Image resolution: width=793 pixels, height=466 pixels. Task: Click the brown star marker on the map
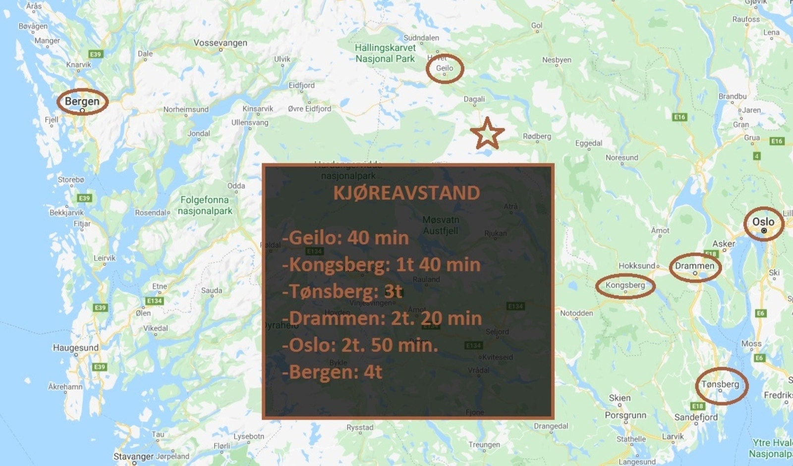pyautogui.click(x=487, y=134)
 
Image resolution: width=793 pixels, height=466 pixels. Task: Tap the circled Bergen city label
pyautogui.click(x=82, y=102)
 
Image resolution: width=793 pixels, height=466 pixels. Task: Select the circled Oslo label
pyautogui.click(x=763, y=222)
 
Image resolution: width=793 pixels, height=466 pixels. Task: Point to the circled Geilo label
pyautogui.click(x=445, y=68)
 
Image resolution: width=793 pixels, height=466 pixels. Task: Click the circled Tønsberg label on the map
pyautogui.click(x=720, y=385)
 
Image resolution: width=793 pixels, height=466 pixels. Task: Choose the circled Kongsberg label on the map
pyautogui.click(x=625, y=286)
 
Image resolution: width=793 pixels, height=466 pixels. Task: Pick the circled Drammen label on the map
pyautogui.click(x=694, y=266)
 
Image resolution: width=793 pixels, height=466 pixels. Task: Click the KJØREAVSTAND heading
pyautogui.click(x=406, y=193)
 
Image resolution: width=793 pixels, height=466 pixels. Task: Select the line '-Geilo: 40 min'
pyautogui.click(x=345, y=238)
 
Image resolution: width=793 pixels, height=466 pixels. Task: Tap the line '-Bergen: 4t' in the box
pyautogui.click(x=332, y=372)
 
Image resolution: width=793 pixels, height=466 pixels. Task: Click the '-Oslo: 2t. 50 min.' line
pyautogui.click(x=360, y=345)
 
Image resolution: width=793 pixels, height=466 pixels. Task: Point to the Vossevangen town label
pyautogui.click(x=220, y=43)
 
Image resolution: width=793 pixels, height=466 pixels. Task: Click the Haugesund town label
pyautogui.click(x=76, y=348)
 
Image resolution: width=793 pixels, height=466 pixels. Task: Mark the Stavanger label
pyautogui.click(x=133, y=456)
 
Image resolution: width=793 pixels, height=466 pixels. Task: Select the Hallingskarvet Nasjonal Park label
pyautogui.click(x=385, y=53)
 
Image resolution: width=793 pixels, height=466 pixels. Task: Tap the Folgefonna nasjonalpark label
pyautogui.click(x=205, y=206)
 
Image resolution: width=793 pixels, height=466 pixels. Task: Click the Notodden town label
pyautogui.click(x=576, y=313)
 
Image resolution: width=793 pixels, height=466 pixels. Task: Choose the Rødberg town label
pyautogui.click(x=537, y=137)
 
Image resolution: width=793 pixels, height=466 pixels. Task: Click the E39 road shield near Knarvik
pyautogui.click(x=95, y=54)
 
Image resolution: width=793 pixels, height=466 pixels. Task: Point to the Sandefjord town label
pyautogui.click(x=696, y=417)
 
